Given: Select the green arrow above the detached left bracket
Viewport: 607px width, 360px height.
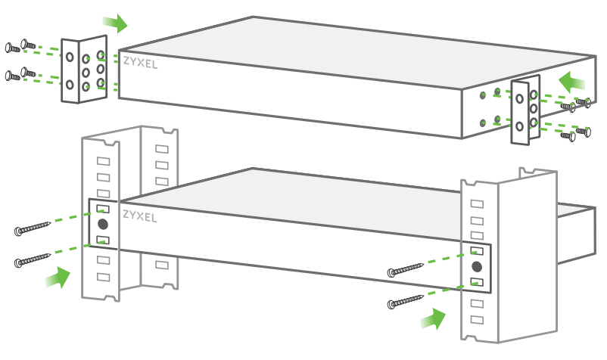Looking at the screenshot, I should pyautogui.click(x=115, y=23).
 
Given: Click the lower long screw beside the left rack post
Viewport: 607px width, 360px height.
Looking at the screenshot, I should pyautogui.click(x=33, y=261).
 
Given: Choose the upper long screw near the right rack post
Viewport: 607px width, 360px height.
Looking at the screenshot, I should pyautogui.click(x=406, y=271).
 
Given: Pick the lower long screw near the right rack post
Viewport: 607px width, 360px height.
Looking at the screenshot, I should pyautogui.click(x=406, y=303).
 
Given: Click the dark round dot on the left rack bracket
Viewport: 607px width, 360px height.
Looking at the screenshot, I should pyautogui.click(x=103, y=224).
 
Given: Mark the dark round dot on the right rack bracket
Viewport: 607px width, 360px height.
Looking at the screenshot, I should pyautogui.click(x=476, y=266).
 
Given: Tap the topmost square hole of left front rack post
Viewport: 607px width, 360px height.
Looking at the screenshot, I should pyautogui.click(x=103, y=161).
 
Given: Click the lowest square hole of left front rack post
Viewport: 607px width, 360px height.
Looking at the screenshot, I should pyautogui.click(x=103, y=277).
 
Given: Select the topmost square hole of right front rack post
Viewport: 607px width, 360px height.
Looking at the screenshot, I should pyautogui.click(x=476, y=204).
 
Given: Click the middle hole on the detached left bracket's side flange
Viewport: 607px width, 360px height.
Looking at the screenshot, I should pyautogui.click(x=86, y=72).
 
